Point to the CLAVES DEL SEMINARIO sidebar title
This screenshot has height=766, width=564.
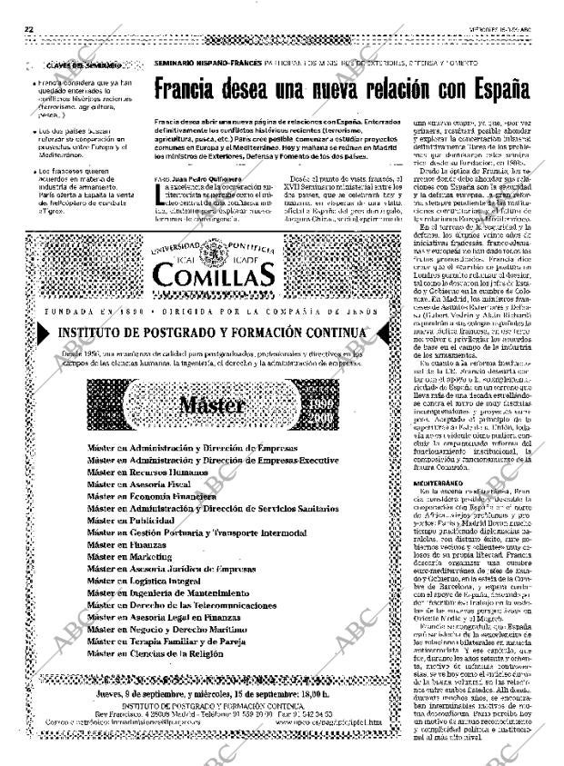point(79,65)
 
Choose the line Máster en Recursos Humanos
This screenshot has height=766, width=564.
point(147,473)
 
